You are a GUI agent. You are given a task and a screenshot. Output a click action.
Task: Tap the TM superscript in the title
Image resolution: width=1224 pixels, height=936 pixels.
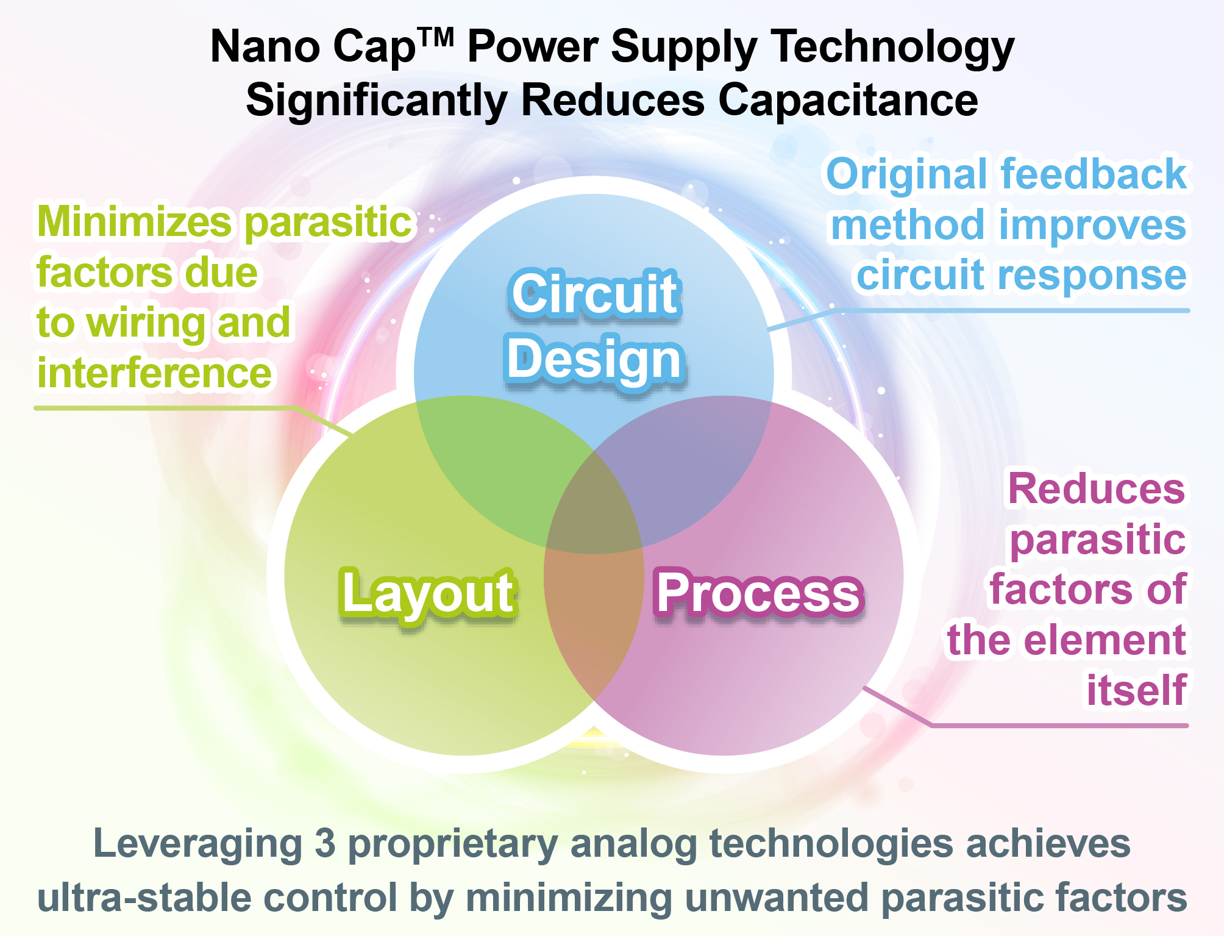435,38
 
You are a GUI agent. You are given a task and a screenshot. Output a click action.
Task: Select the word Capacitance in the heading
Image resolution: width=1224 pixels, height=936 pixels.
848,100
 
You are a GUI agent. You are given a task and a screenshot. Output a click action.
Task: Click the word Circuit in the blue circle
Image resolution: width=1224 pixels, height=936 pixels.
594,294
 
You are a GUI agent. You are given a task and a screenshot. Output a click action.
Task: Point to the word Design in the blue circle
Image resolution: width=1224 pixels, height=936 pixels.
595,360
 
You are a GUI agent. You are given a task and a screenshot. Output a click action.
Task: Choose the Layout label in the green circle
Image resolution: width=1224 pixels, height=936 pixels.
428,594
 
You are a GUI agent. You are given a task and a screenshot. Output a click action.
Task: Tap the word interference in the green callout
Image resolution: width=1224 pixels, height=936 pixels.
154,373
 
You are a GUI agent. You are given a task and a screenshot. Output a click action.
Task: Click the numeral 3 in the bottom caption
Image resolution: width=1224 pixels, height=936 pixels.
325,844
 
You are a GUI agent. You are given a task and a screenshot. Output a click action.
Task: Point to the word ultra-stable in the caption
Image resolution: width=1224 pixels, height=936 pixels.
144,898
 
